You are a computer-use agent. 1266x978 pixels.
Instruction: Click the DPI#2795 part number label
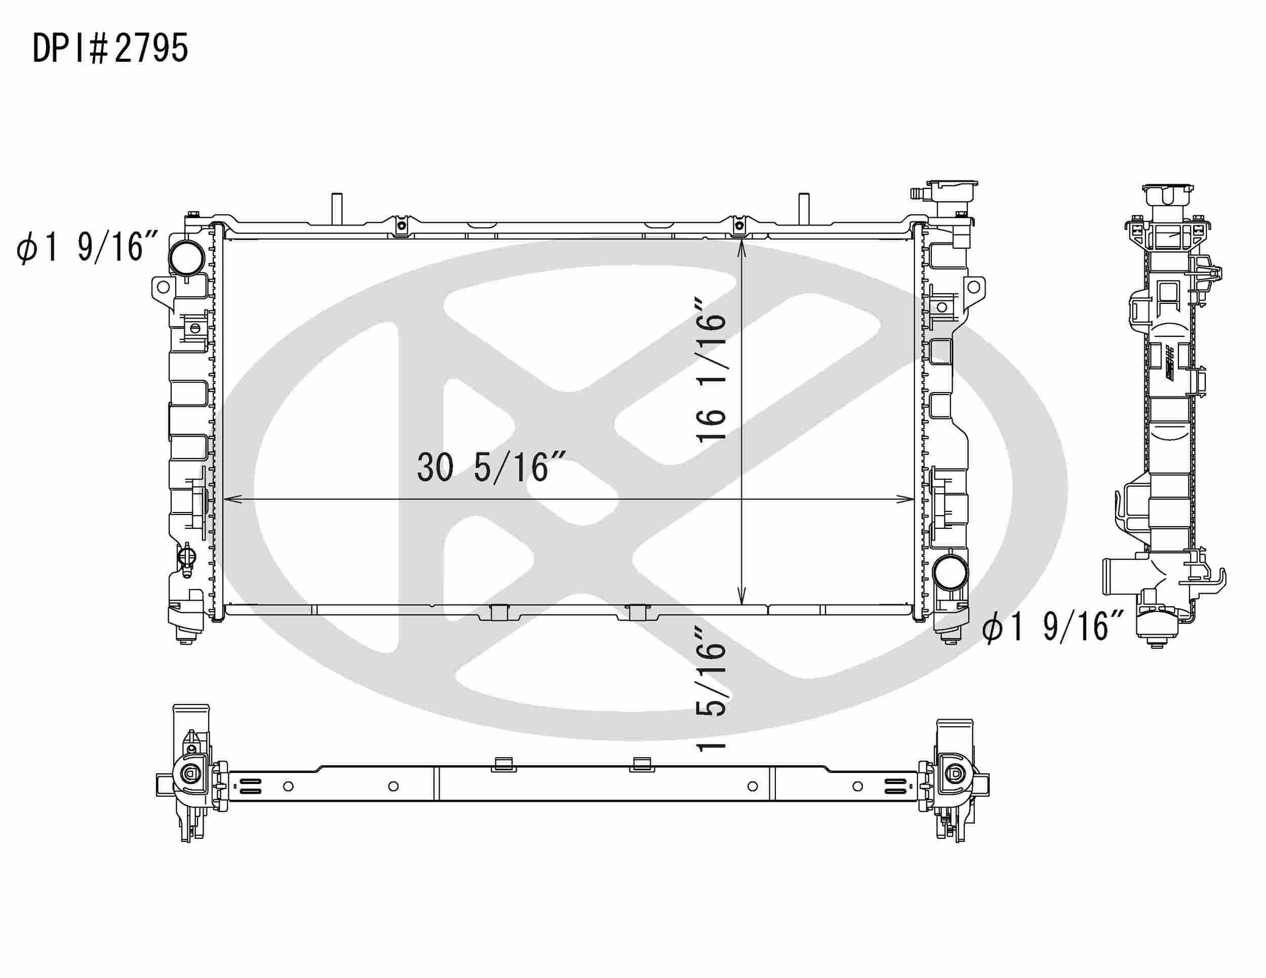pos(110,48)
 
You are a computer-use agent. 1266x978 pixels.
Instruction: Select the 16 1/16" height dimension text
pos(710,371)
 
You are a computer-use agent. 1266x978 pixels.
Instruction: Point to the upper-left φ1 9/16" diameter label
pos(87,248)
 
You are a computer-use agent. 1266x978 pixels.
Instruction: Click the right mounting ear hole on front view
pos(974,286)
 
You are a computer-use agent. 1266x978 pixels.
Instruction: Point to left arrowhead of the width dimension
pos(228,499)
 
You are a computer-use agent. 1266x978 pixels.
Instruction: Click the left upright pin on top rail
pos(337,209)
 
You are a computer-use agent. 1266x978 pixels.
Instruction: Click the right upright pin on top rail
pos(804,209)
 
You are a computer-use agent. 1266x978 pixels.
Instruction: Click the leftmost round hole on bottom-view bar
pos(288,787)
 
